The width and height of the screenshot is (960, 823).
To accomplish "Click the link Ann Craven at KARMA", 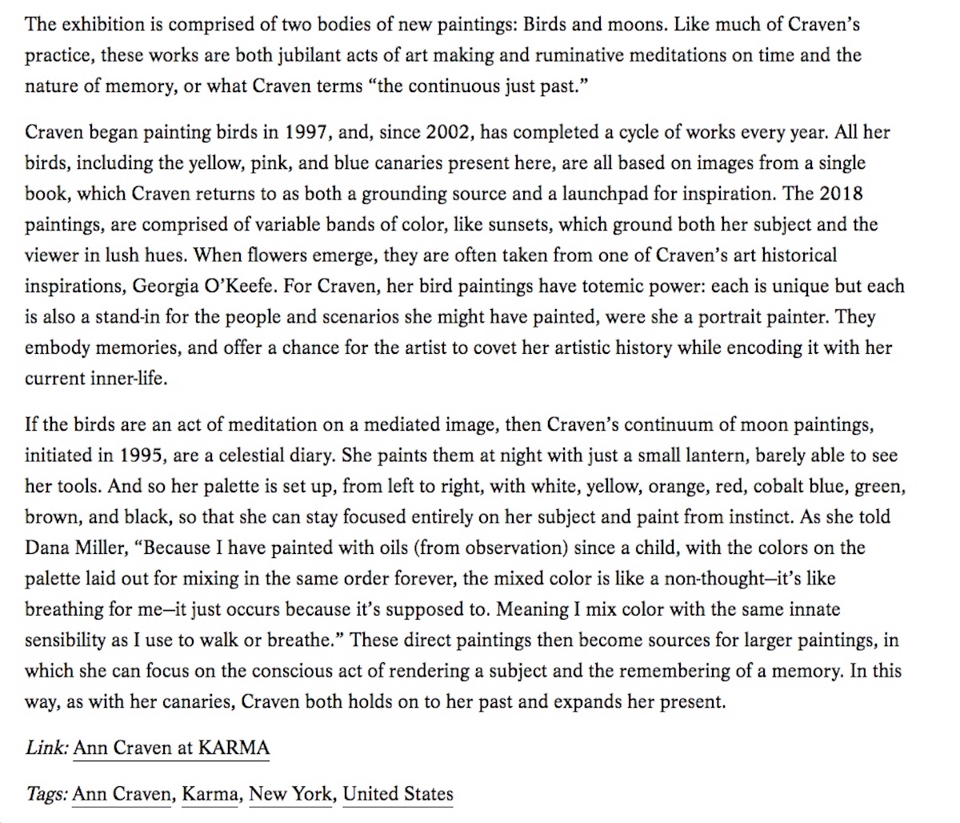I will point(171,748).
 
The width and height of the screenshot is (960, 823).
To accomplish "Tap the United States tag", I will point(398,793).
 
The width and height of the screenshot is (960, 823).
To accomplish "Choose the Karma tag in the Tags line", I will point(210,793).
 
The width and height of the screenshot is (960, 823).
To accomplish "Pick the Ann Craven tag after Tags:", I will point(122,793).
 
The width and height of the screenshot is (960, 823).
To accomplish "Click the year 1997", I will point(308,132).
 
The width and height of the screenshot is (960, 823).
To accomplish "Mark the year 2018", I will point(841,194).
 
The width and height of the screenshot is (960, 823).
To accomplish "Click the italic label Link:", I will point(46,748).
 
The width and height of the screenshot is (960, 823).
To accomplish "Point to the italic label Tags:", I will point(46,793).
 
